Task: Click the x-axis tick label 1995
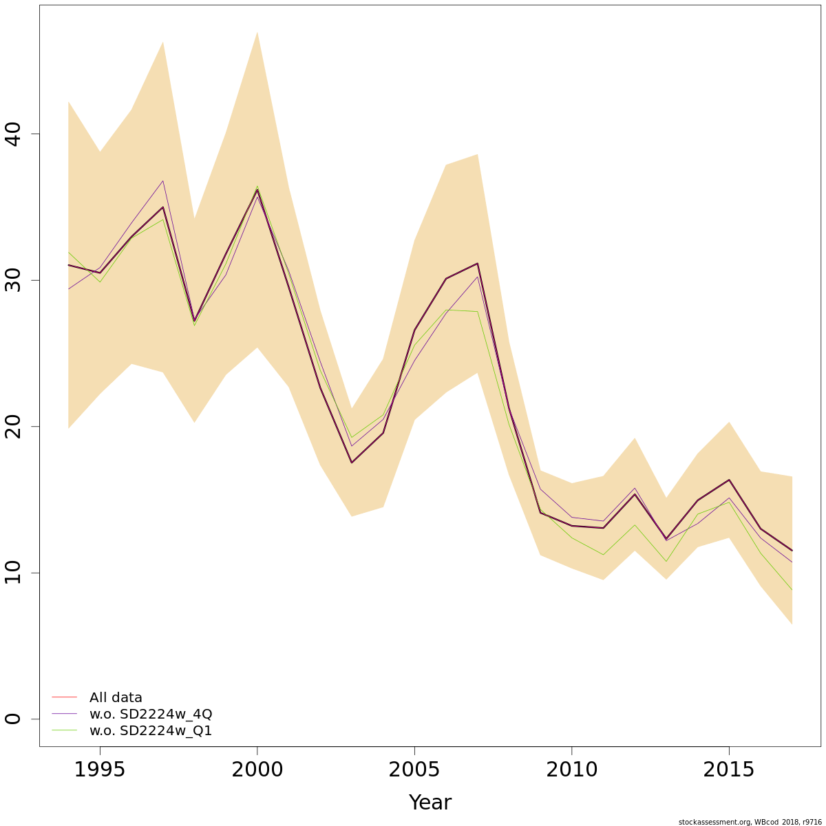click(x=100, y=770)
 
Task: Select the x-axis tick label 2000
click(x=257, y=770)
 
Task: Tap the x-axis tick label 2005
click(x=414, y=770)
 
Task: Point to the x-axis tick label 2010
click(x=571, y=770)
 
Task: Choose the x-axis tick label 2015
click(x=728, y=770)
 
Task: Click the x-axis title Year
click(x=430, y=803)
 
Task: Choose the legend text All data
click(x=116, y=697)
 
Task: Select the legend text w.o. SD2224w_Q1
click(x=151, y=730)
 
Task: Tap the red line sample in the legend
click(x=64, y=697)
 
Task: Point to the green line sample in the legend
click(x=64, y=730)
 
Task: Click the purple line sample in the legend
click(x=64, y=714)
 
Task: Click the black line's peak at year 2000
click(x=257, y=190)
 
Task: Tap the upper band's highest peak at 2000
click(x=257, y=32)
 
